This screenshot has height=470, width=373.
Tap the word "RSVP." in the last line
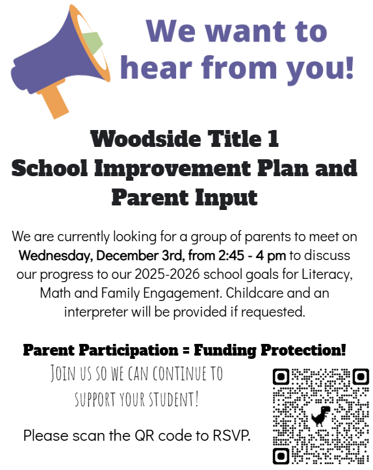tap(228, 435)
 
